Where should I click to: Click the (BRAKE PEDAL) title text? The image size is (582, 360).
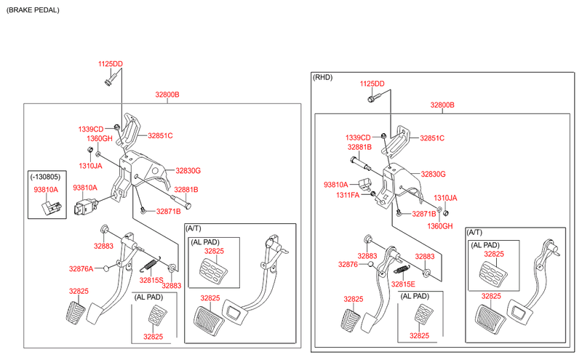[x=33, y=10]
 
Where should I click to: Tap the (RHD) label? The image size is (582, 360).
[x=322, y=76]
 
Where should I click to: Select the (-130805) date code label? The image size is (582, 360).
[x=46, y=177]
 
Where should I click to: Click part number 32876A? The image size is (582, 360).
[x=81, y=269]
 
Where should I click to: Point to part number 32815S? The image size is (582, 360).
[x=151, y=280]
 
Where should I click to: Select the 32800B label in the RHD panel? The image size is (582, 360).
[x=442, y=105]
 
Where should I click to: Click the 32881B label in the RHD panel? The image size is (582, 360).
[x=359, y=147]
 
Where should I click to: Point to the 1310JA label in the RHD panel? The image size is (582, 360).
[x=445, y=198]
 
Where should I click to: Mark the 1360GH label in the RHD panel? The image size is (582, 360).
[x=439, y=226]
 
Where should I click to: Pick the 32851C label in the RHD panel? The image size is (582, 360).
[x=431, y=138]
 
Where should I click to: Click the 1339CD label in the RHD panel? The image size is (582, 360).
[x=358, y=137]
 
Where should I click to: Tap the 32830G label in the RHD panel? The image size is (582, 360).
[x=433, y=174]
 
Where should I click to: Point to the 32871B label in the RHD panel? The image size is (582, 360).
[x=424, y=214]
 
